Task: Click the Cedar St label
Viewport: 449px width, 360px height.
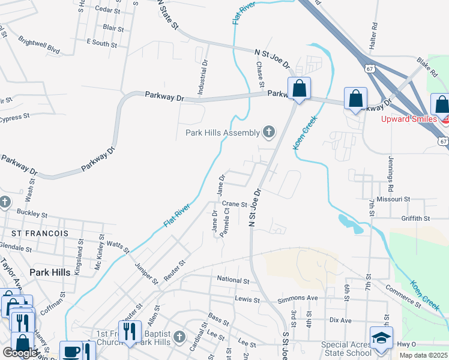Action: coord(108,10)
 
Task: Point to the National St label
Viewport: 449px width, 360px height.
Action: coord(233,280)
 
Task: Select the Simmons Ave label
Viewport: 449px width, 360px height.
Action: coord(297,298)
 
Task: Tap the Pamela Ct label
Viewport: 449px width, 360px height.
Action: coord(224,222)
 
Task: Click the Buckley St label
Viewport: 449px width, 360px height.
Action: coord(32,213)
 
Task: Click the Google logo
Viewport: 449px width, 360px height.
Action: coord(20,353)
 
